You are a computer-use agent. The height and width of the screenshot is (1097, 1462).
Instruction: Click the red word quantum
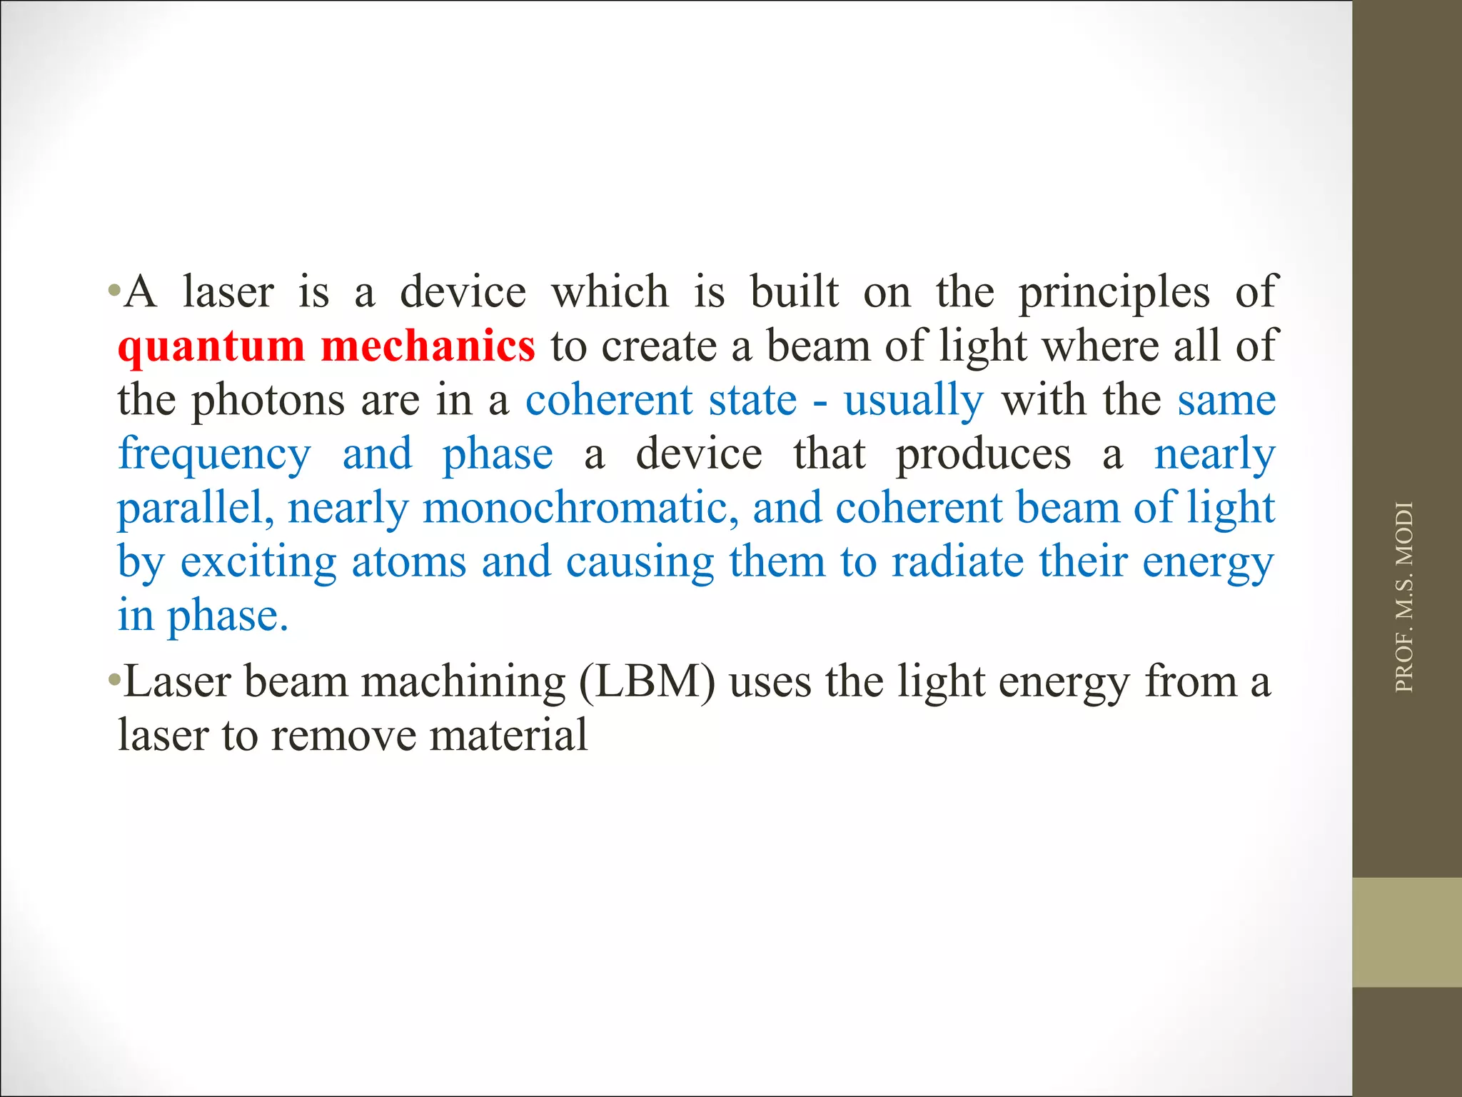click(211, 347)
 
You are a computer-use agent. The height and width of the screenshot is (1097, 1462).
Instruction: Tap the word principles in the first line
click(1114, 293)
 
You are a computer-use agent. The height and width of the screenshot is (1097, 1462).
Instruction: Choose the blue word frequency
click(214, 455)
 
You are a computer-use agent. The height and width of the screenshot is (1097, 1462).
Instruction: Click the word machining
click(463, 682)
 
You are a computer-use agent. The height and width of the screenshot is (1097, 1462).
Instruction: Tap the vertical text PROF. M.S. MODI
click(1403, 597)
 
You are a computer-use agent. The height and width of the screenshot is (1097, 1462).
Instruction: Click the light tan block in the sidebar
click(1407, 932)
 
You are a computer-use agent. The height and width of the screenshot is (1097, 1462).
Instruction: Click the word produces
click(983, 455)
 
